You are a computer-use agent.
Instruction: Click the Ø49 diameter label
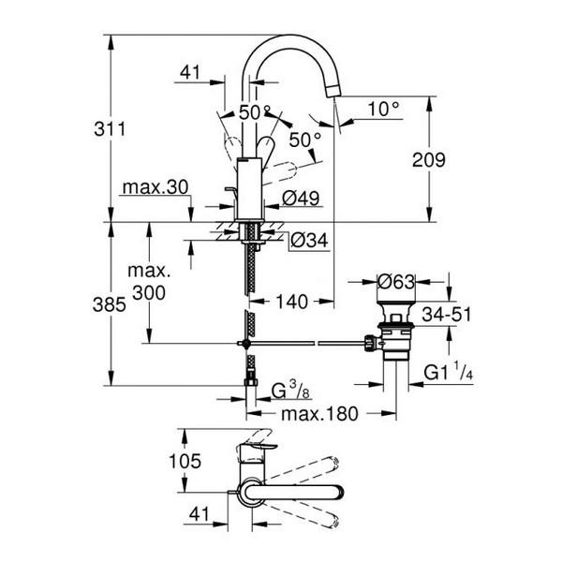tap(302, 199)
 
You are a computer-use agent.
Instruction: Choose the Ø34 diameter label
tap(309, 240)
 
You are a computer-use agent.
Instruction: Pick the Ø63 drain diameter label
tap(396, 280)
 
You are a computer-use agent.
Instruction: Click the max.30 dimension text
tap(155, 187)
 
